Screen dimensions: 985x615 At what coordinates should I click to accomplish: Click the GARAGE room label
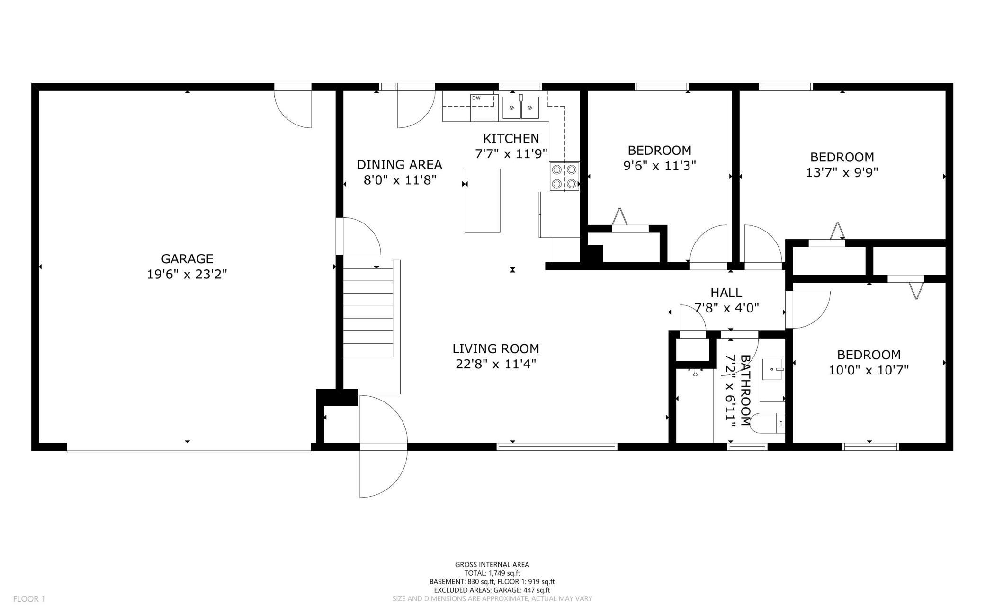[187, 258]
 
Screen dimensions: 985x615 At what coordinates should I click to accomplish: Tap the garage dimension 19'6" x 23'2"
[187, 275]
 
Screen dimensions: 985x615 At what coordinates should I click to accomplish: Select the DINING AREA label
[399, 165]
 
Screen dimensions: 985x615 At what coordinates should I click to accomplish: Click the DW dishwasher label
[476, 98]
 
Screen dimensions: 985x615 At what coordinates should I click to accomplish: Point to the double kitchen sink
[520, 107]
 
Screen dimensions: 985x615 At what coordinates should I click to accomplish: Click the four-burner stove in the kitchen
[564, 177]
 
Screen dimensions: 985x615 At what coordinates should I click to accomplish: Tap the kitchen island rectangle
[482, 200]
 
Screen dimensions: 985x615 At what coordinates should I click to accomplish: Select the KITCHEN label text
[511, 138]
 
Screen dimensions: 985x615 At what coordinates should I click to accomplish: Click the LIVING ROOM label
[496, 349]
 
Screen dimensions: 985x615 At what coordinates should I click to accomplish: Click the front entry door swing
[383, 446]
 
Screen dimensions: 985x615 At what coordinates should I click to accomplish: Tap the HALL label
[726, 293]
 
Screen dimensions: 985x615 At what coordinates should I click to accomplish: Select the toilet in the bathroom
[768, 423]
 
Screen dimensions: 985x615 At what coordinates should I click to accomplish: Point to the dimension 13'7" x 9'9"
[842, 172]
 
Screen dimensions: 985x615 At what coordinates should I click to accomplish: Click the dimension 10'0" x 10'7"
[869, 370]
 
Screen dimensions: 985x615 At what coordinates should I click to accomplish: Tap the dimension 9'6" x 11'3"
[659, 166]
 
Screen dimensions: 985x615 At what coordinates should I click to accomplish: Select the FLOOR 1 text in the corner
[29, 599]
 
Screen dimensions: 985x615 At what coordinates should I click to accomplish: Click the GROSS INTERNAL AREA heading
[492, 564]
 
